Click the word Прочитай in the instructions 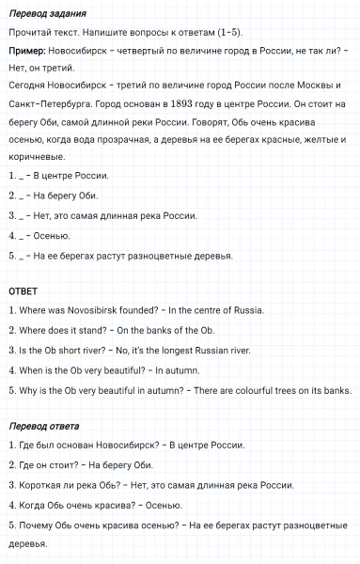29,32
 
